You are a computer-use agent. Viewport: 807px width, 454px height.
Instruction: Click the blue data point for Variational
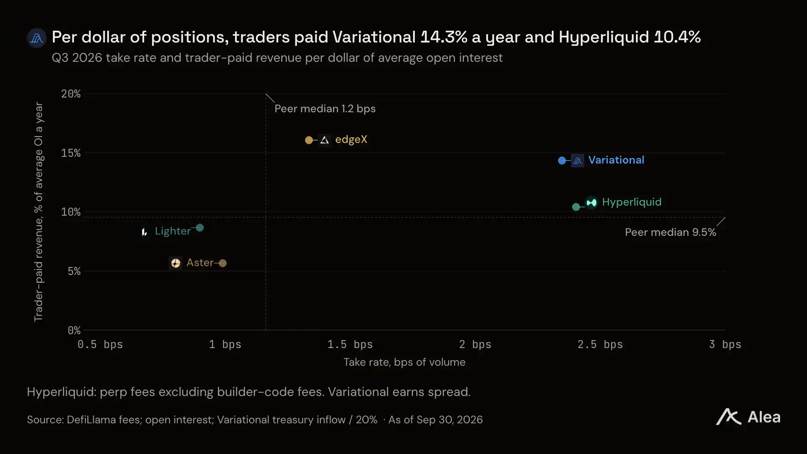pyautogui.click(x=562, y=161)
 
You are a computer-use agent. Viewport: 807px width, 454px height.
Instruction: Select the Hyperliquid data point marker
pyautogui.click(x=576, y=207)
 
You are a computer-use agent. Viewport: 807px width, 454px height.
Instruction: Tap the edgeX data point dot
pyautogui.click(x=309, y=140)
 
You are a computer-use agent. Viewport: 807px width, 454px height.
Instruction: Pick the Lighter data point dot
pyautogui.click(x=200, y=228)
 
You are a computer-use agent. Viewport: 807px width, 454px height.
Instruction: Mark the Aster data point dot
pyautogui.click(x=223, y=263)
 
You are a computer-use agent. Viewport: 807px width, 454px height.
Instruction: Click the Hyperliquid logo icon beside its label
pyautogui.click(x=591, y=203)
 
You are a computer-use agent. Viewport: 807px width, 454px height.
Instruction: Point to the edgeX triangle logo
pyautogui.click(x=324, y=140)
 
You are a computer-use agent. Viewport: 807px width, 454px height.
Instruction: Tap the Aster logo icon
pyautogui.click(x=176, y=263)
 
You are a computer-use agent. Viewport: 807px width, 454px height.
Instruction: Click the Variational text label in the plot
pyautogui.click(x=616, y=160)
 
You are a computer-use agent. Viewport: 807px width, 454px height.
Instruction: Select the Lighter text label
pyautogui.click(x=173, y=231)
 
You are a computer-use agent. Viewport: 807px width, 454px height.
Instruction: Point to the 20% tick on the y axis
pyautogui.click(x=71, y=94)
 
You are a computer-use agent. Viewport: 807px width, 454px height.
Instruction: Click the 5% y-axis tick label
pyautogui.click(x=74, y=271)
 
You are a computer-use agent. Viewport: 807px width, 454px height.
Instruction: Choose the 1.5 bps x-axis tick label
pyautogui.click(x=350, y=345)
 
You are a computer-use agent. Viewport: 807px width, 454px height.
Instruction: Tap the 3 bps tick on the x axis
pyautogui.click(x=725, y=345)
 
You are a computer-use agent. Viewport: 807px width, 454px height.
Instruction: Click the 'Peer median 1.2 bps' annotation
pyautogui.click(x=325, y=109)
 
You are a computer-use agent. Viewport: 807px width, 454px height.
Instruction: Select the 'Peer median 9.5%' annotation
pyautogui.click(x=670, y=232)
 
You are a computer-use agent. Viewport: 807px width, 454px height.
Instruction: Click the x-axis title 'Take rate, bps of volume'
pyautogui.click(x=404, y=362)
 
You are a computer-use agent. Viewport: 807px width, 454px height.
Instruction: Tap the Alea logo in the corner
pyautogui.click(x=748, y=417)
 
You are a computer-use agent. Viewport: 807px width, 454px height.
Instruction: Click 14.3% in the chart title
pyautogui.click(x=444, y=37)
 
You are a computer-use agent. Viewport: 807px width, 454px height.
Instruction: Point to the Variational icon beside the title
pyautogui.click(x=37, y=38)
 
